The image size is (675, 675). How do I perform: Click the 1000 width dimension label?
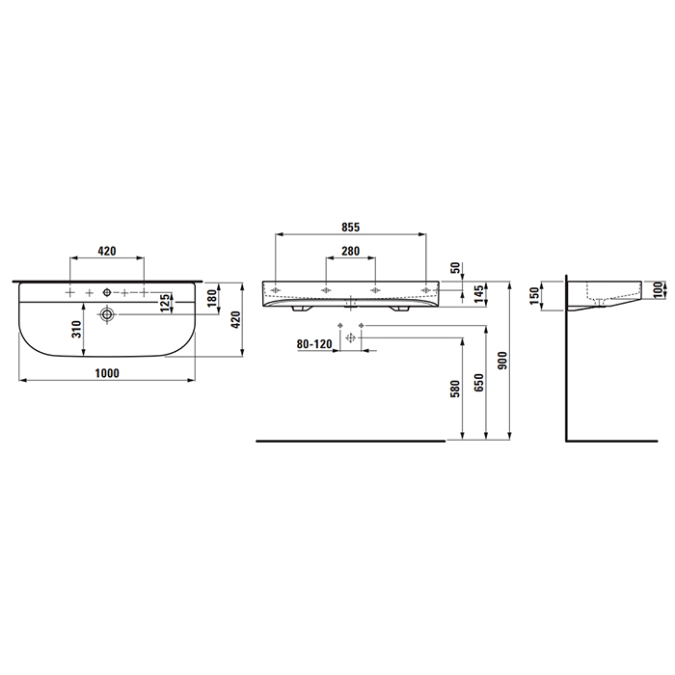coord(107,373)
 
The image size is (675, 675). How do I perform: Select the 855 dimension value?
coord(350,228)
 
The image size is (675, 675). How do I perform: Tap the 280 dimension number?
coord(350,251)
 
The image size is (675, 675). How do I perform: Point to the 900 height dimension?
coord(502,361)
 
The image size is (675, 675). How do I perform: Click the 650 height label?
coord(478,383)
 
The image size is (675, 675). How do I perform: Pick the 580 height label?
coord(454,389)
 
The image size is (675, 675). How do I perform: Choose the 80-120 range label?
coord(314,344)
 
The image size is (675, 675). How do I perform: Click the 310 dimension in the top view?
coord(76,330)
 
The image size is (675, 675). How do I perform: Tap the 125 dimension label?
coord(165,303)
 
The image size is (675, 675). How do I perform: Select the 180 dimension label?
coord(211,298)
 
